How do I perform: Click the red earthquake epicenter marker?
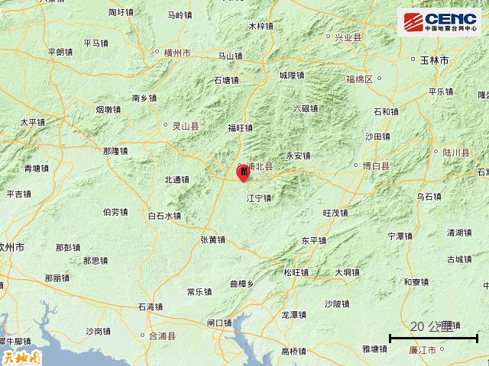244,174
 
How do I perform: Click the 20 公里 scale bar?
433,334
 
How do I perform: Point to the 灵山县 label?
182,126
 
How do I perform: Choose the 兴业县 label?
344,37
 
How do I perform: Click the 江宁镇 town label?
259,198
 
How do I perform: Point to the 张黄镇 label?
212,239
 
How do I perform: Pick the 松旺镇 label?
296,272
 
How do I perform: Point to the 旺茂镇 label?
335,213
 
